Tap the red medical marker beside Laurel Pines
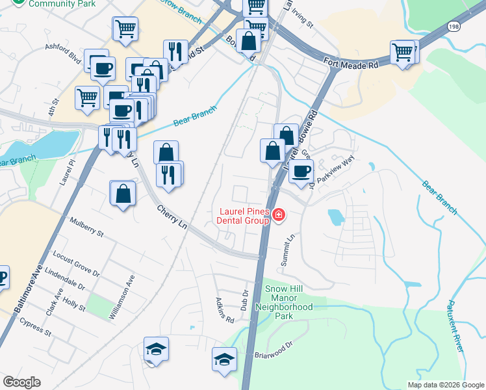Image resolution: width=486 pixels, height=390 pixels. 279,214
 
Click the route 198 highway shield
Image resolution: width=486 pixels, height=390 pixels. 454,26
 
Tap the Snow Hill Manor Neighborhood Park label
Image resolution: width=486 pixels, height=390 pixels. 284,302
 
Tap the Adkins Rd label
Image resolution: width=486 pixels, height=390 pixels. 225,311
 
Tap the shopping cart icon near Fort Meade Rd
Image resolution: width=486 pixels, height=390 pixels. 403,52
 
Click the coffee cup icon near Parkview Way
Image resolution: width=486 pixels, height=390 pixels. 301,172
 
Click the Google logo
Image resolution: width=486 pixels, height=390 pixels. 21,382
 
